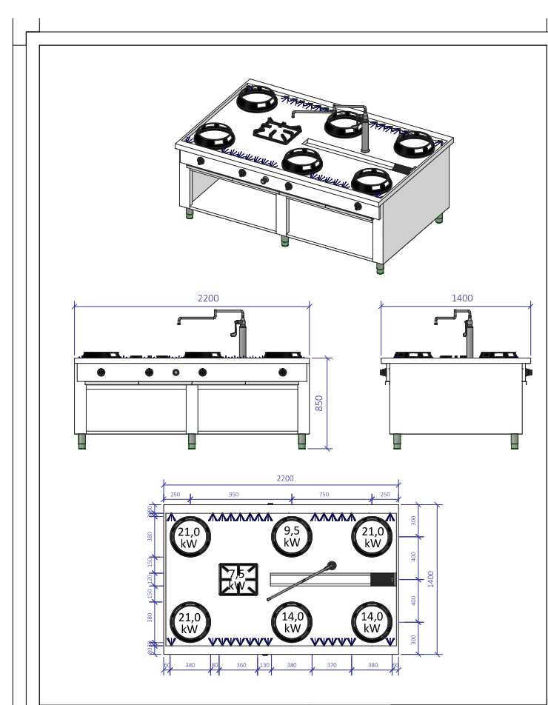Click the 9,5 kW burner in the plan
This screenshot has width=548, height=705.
click(292, 536)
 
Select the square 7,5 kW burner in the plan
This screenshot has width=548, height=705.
click(238, 579)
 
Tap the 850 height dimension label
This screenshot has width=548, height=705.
click(319, 404)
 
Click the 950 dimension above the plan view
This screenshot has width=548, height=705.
click(233, 494)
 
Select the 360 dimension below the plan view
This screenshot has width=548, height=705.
click(241, 665)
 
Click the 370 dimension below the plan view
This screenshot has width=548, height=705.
click(332, 665)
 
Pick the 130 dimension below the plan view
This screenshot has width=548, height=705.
click(264, 665)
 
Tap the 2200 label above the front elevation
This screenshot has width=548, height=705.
click(207, 298)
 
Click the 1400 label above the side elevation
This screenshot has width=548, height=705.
click(461, 298)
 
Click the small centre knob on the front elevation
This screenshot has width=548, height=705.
click(176, 372)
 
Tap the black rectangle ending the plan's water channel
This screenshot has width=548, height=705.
click(383, 579)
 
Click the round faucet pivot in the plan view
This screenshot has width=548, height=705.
click(330, 567)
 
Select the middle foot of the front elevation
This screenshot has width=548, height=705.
click(192, 441)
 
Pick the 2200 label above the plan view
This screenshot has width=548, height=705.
click(285, 478)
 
